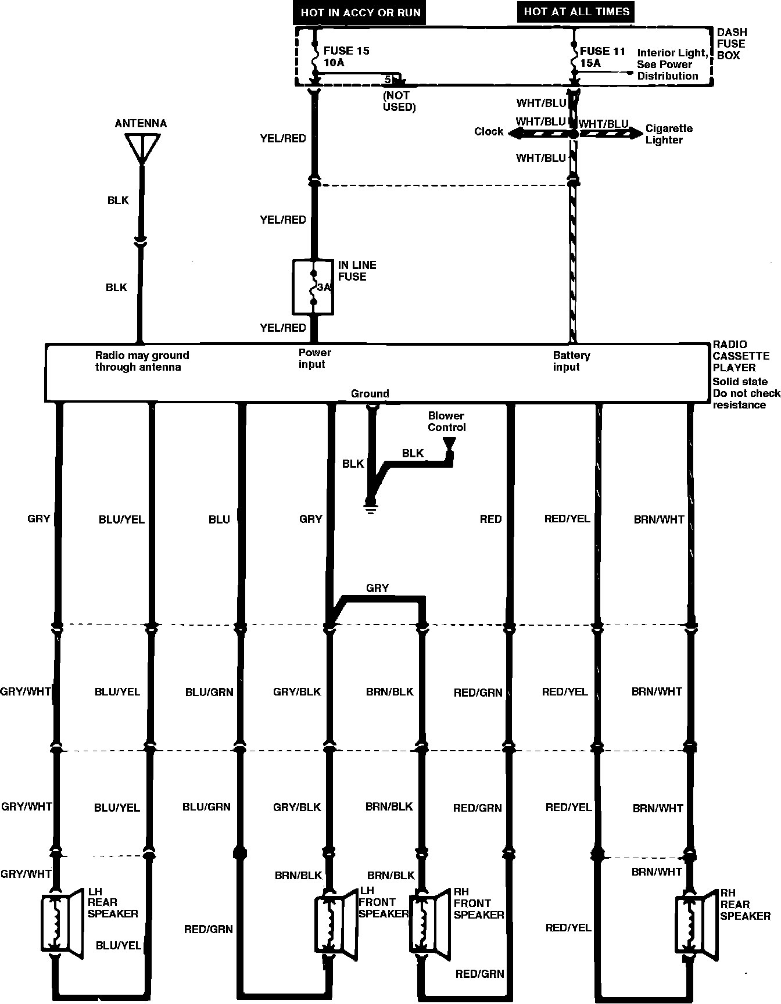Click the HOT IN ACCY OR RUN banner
coord(360,13)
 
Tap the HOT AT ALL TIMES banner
coord(576,12)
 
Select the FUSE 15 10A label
coord(346,56)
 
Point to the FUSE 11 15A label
coord(602,57)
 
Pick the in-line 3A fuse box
coord(313,287)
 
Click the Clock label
coord(488,131)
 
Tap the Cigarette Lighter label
coord(669,134)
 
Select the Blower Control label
coord(446,421)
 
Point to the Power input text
coord(314,358)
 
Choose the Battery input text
coord(571,361)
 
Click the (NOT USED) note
coord(399,101)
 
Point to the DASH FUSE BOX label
coord(732,44)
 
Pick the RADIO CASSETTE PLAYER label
coord(739,356)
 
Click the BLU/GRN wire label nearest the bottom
coord(206,806)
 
